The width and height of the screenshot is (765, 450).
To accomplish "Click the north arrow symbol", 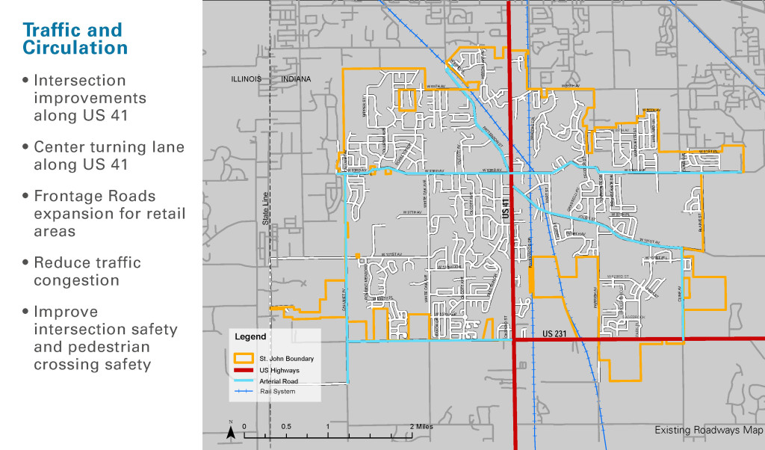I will (232, 431).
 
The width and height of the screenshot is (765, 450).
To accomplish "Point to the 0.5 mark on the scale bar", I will (286, 426).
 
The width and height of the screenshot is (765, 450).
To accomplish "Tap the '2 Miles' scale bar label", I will (420, 426).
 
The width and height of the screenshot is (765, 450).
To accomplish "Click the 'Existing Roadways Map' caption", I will (708, 430).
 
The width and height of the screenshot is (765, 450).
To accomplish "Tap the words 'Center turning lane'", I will (108, 147).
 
